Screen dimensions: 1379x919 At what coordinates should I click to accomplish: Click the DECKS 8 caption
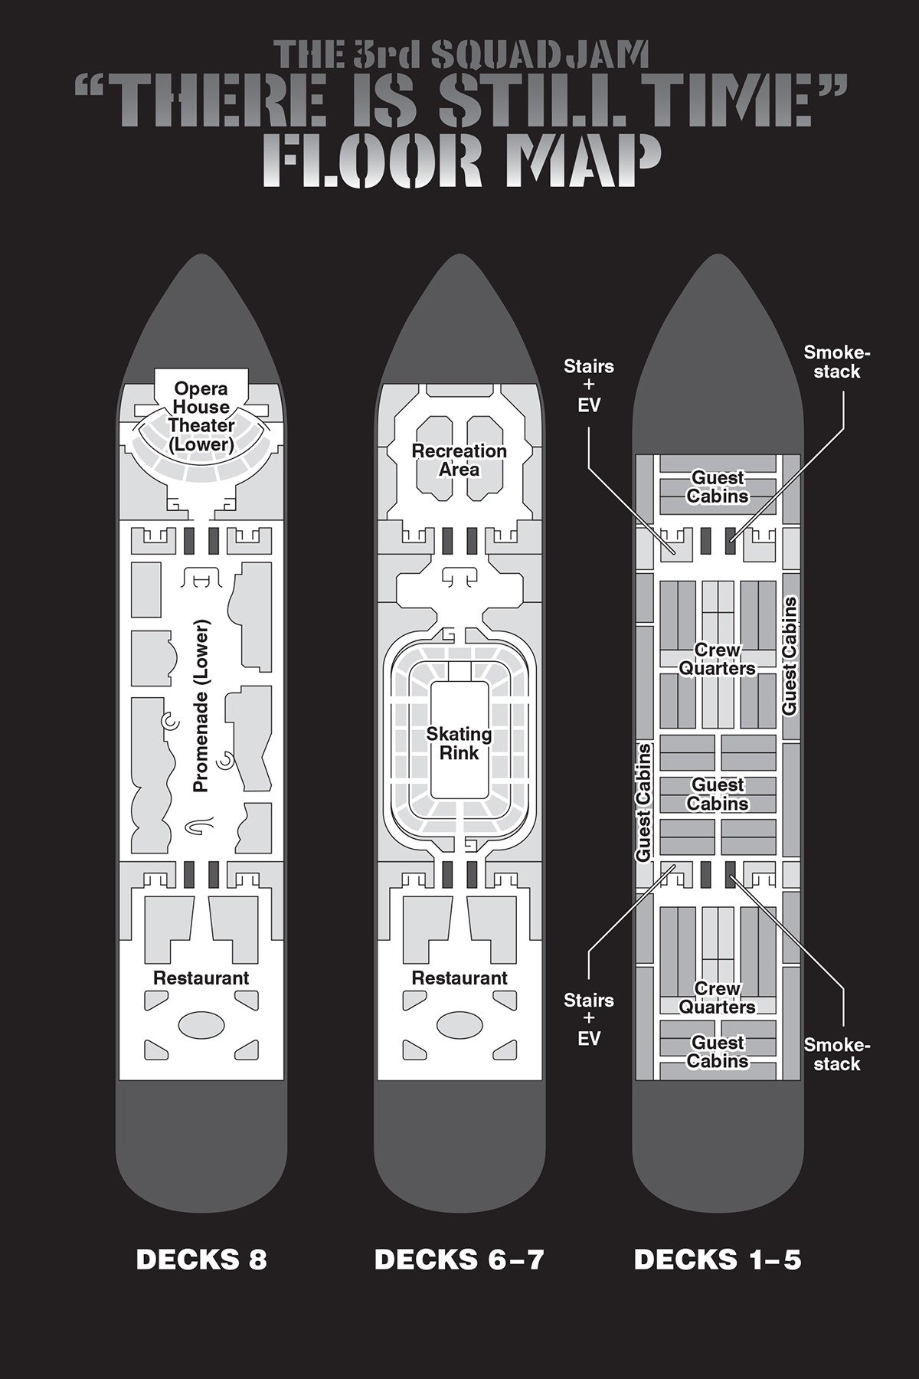pyautogui.click(x=201, y=1259)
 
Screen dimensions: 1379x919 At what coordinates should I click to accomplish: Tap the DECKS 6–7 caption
pyautogui.click(x=459, y=1259)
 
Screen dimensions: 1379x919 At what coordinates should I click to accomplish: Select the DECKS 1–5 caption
pyautogui.click(x=718, y=1259)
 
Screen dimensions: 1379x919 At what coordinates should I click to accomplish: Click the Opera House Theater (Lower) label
pyautogui.click(x=201, y=416)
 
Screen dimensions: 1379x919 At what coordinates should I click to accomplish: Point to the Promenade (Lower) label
pyautogui.click(x=201, y=706)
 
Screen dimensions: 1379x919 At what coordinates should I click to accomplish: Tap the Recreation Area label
pyautogui.click(x=459, y=460)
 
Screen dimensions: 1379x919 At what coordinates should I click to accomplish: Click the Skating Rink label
pyautogui.click(x=459, y=743)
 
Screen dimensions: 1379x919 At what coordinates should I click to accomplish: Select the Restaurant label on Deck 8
pyautogui.click(x=201, y=978)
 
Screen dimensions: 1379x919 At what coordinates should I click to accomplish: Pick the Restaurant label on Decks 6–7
pyautogui.click(x=459, y=978)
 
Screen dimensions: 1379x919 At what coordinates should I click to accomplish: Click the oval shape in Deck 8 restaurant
pyautogui.click(x=202, y=1025)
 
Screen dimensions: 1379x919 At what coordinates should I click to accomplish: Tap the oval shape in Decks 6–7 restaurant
pyautogui.click(x=459, y=1025)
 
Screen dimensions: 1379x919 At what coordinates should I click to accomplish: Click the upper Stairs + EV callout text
pyautogui.click(x=589, y=385)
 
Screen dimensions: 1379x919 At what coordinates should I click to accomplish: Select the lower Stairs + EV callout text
pyautogui.click(x=589, y=1019)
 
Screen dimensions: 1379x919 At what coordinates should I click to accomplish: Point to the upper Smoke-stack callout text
pyautogui.click(x=837, y=362)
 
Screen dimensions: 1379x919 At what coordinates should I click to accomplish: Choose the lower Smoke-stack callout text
pyautogui.click(x=837, y=1054)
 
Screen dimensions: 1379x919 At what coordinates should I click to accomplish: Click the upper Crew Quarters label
pyautogui.click(x=718, y=659)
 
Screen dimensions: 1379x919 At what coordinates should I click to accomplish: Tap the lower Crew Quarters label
pyautogui.click(x=718, y=997)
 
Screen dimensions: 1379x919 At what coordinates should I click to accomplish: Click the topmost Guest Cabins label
pyautogui.click(x=718, y=486)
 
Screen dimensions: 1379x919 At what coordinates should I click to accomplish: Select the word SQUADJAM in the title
pyautogui.click(x=541, y=55)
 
